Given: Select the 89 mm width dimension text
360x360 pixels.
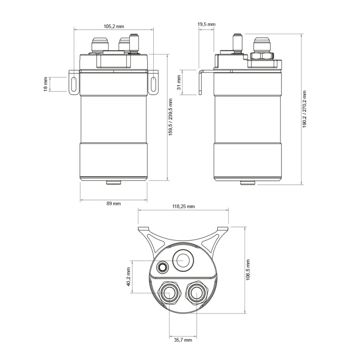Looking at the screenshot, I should (114, 204).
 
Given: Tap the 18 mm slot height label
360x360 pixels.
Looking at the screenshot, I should (45, 84).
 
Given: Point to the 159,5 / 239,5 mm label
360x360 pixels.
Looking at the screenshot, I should (170, 117).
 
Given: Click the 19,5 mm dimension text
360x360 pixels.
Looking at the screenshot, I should (206, 24).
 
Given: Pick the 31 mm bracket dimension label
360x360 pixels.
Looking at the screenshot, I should (179, 83).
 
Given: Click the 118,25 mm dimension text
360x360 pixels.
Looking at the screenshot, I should (184, 206).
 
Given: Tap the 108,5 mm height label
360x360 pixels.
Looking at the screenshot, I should (248, 270).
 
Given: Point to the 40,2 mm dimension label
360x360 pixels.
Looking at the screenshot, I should (129, 276).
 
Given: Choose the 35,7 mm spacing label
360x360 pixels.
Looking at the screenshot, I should (183, 340).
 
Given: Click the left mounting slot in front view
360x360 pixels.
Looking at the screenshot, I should (74, 84).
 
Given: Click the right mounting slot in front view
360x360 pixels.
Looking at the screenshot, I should (153, 84).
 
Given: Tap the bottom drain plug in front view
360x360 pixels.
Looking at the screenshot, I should (114, 182).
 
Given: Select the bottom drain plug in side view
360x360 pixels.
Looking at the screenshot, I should (247, 182).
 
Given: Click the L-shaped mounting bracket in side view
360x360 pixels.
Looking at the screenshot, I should (201, 82).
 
